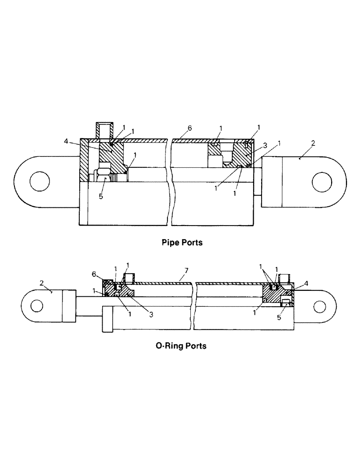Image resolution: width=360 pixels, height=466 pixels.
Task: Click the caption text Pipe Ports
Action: coord(181,242)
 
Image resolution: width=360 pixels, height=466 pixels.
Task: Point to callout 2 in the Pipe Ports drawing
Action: coord(313,144)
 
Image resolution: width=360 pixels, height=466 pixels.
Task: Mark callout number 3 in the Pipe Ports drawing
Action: coord(265,146)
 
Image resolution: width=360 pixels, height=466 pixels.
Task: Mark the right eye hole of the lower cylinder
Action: coord(319,306)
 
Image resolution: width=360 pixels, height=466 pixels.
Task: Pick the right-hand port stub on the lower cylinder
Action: coord(284,278)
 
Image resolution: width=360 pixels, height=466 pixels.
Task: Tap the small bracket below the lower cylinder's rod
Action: coord(107,319)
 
